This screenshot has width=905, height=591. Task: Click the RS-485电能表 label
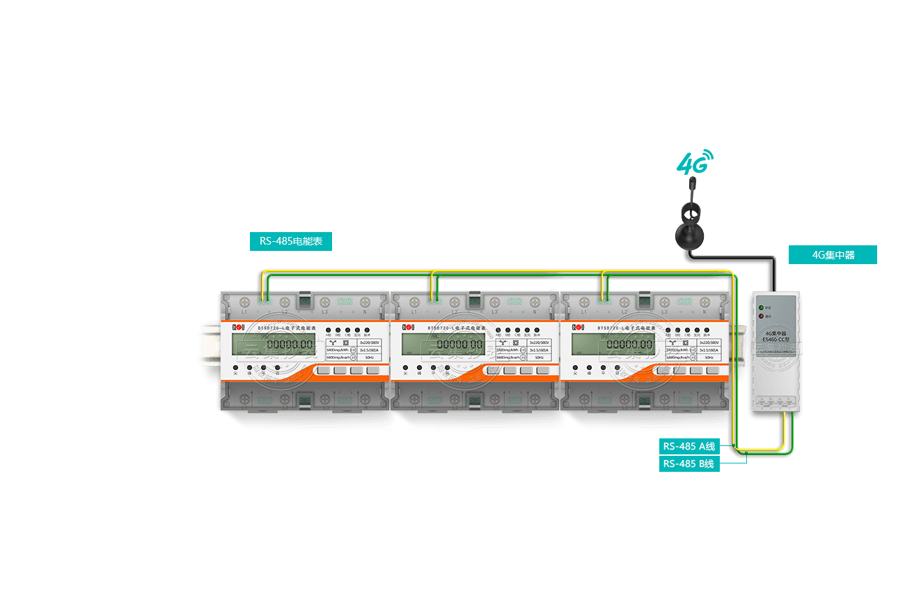291,241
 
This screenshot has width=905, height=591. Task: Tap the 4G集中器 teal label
833,255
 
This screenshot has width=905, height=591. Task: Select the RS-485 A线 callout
688,446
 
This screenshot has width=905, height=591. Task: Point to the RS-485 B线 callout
688,463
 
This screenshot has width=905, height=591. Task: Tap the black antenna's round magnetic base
689,236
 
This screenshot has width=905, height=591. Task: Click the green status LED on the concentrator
761,307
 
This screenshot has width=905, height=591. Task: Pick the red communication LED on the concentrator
761,316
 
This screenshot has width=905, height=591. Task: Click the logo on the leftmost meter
239,326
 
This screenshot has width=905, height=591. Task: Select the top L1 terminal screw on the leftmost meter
245,302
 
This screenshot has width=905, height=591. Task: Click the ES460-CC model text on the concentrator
776,339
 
